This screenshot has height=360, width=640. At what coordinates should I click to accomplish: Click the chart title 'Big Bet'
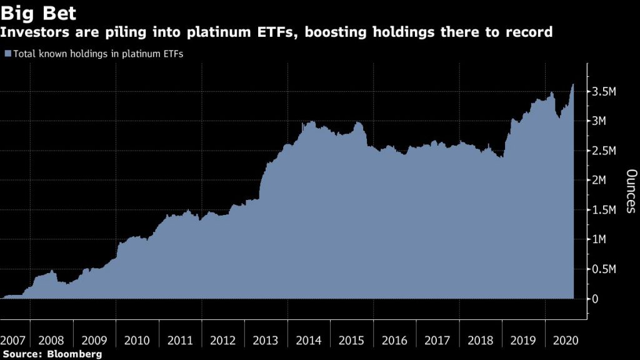point(38,12)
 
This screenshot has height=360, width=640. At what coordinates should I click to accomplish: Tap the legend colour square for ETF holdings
point(7,54)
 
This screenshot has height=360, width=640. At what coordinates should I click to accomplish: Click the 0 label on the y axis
point(596,299)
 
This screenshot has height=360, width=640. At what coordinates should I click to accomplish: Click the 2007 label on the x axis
point(13,341)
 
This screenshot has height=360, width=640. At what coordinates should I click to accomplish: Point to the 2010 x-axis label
point(137,341)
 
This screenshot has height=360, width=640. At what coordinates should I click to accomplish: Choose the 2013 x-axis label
point(266,341)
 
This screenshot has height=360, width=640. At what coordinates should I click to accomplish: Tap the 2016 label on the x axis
point(394,341)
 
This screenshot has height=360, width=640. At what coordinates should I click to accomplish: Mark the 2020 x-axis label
point(566,341)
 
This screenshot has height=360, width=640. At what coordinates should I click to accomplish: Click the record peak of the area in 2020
point(574,84)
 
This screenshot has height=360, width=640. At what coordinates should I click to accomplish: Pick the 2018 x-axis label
point(480,341)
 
